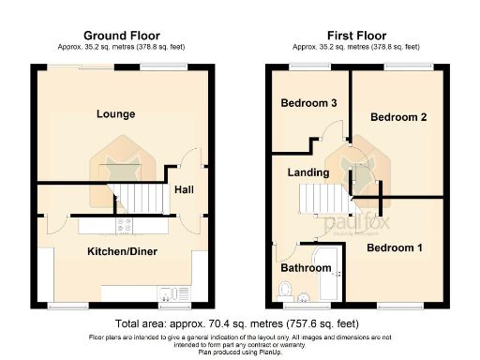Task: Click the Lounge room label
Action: (x=116, y=114)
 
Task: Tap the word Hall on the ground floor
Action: (x=183, y=189)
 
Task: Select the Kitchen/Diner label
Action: (x=122, y=252)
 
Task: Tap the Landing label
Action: (x=307, y=172)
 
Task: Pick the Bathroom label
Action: (x=307, y=268)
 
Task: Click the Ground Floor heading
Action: (x=116, y=34)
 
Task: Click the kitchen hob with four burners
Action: (x=123, y=225)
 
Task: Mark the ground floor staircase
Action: (x=137, y=197)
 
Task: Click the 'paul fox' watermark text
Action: (x=347, y=225)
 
